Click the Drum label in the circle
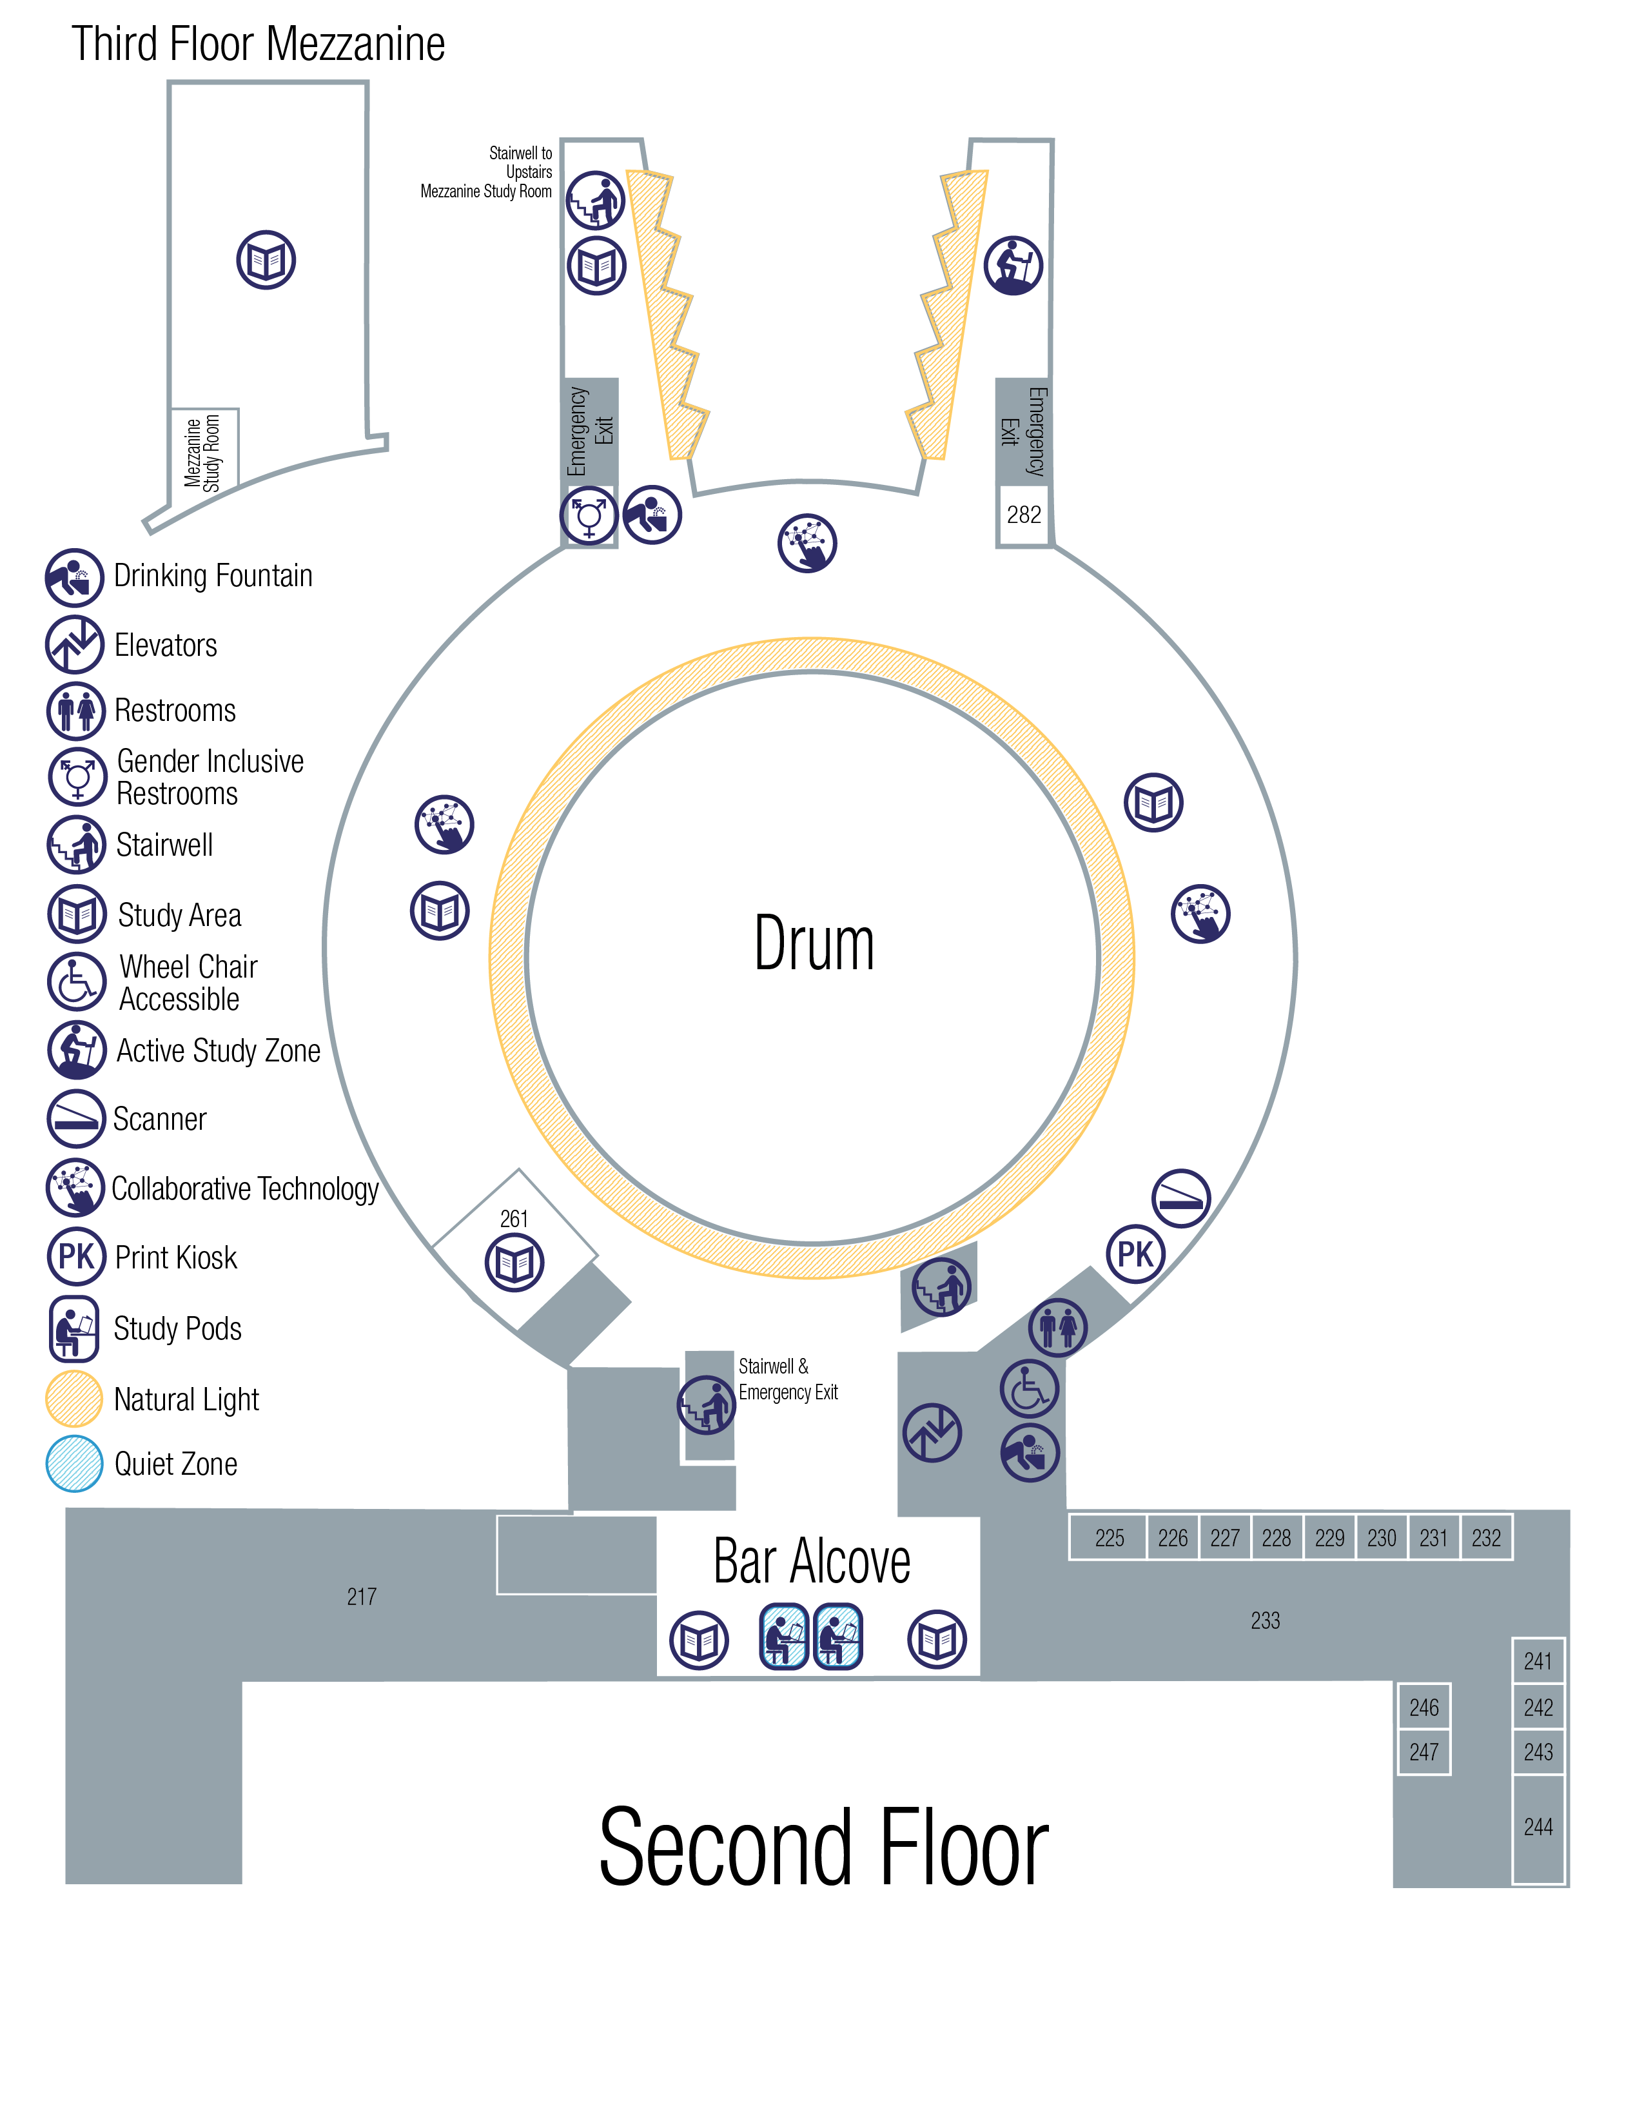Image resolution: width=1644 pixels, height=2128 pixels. (x=814, y=943)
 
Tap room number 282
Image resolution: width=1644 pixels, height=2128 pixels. (x=1024, y=515)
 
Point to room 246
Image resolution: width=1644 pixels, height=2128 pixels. (x=1424, y=1707)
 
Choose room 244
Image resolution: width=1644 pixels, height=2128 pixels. (x=1538, y=1827)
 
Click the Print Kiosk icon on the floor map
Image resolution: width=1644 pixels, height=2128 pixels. (x=1135, y=1254)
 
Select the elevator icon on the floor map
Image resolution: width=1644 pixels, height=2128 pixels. (x=932, y=1432)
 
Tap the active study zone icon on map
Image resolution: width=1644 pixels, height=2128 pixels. (x=1013, y=265)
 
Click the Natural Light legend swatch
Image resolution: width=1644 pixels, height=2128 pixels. (x=74, y=1399)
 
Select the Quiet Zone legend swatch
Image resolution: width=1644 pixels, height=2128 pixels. (x=74, y=1464)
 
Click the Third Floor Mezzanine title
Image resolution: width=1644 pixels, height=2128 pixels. (x=258, y=45)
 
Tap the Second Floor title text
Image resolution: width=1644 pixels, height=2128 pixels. (x=823, y=1848)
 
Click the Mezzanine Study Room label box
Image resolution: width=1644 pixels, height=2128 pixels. (x=204, y=451)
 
